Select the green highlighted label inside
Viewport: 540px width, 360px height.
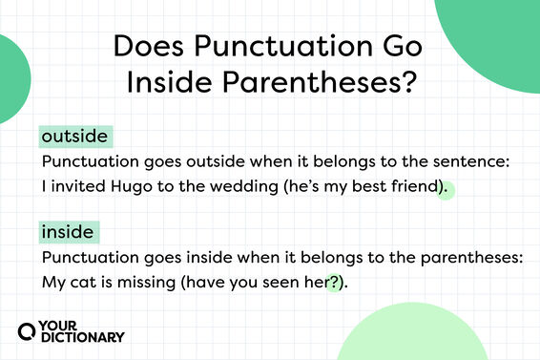tap(69, 231)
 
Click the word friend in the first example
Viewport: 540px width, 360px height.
tap(412, 187)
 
